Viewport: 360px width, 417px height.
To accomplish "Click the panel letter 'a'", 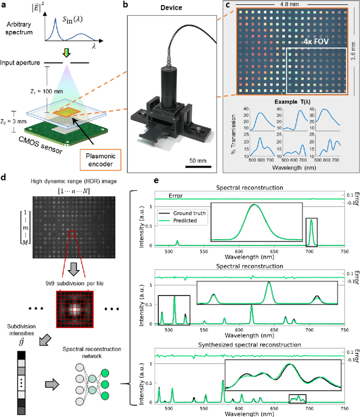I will [5, 5].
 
